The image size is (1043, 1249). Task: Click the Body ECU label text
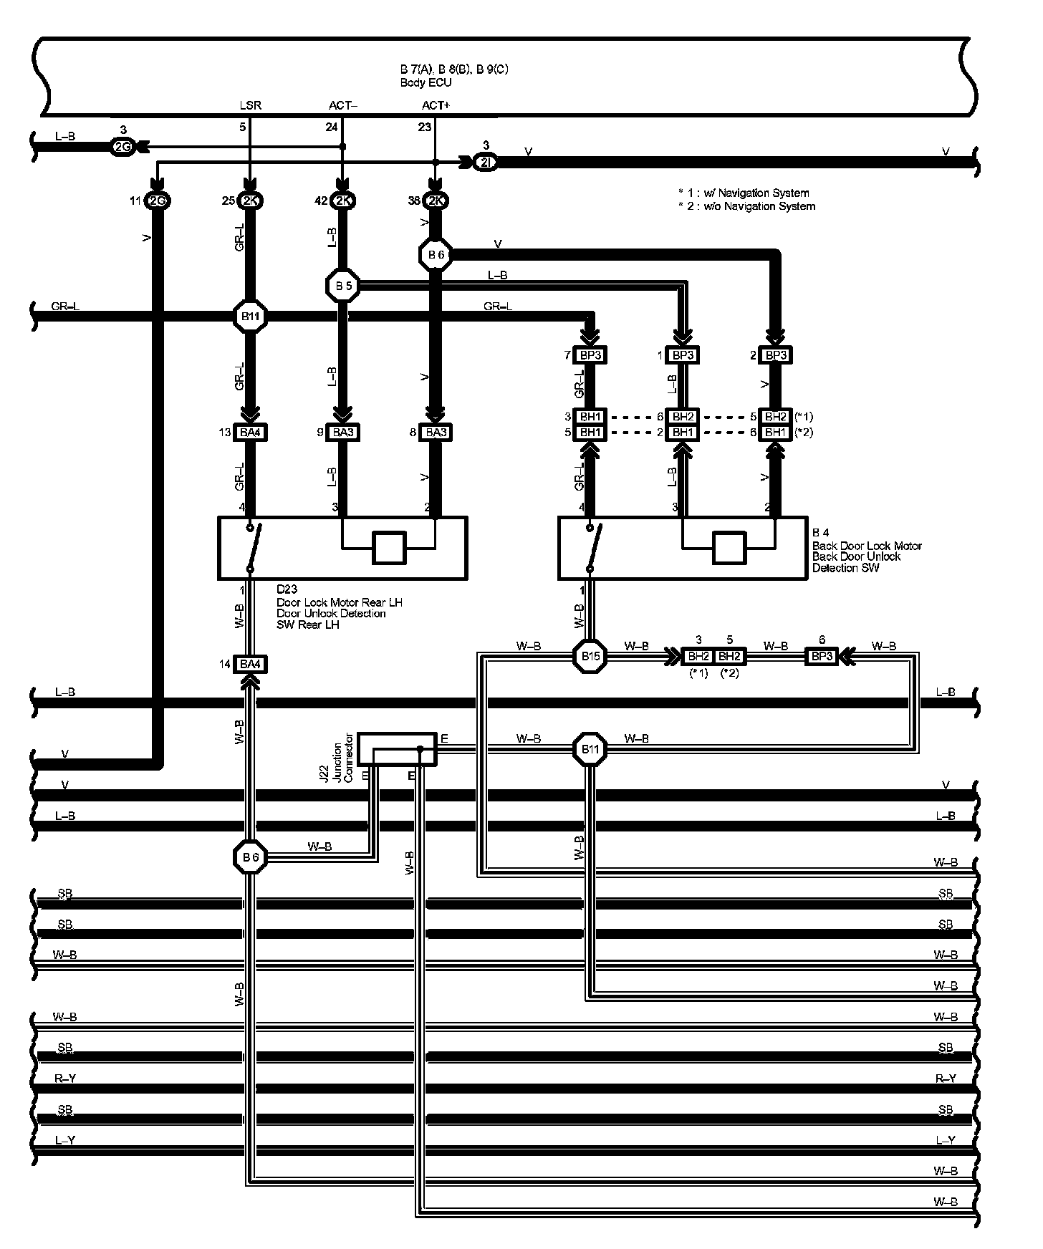click(x=426, y=82)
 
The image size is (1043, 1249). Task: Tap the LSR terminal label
click(x=251, y=105)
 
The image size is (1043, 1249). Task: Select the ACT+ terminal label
click(x=436, y=105)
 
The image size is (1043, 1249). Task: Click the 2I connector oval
click(x=486, y=163)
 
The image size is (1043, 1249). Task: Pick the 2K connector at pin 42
click(x=342, y=201)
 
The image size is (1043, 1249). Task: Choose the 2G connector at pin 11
click(x=157, y=201)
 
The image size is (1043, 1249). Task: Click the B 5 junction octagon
click(x=342, y=286)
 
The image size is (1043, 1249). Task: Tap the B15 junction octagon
click(x=590, y=655)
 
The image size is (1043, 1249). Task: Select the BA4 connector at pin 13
click(x=250, y=433)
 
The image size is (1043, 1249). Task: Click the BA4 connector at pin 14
click(x=250, y=665)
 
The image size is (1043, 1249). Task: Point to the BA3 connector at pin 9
click(x=342, y=433)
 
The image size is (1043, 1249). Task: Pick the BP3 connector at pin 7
click(x=590, y=355)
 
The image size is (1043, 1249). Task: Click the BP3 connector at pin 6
click(x=822, y=656)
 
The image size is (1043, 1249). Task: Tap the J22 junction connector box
click(x=397, y=748)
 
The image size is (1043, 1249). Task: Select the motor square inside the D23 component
click(x=390, y=549)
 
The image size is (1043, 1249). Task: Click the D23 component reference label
click(x=287, y=589)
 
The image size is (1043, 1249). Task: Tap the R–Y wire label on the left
click(x=64, y=1079)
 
